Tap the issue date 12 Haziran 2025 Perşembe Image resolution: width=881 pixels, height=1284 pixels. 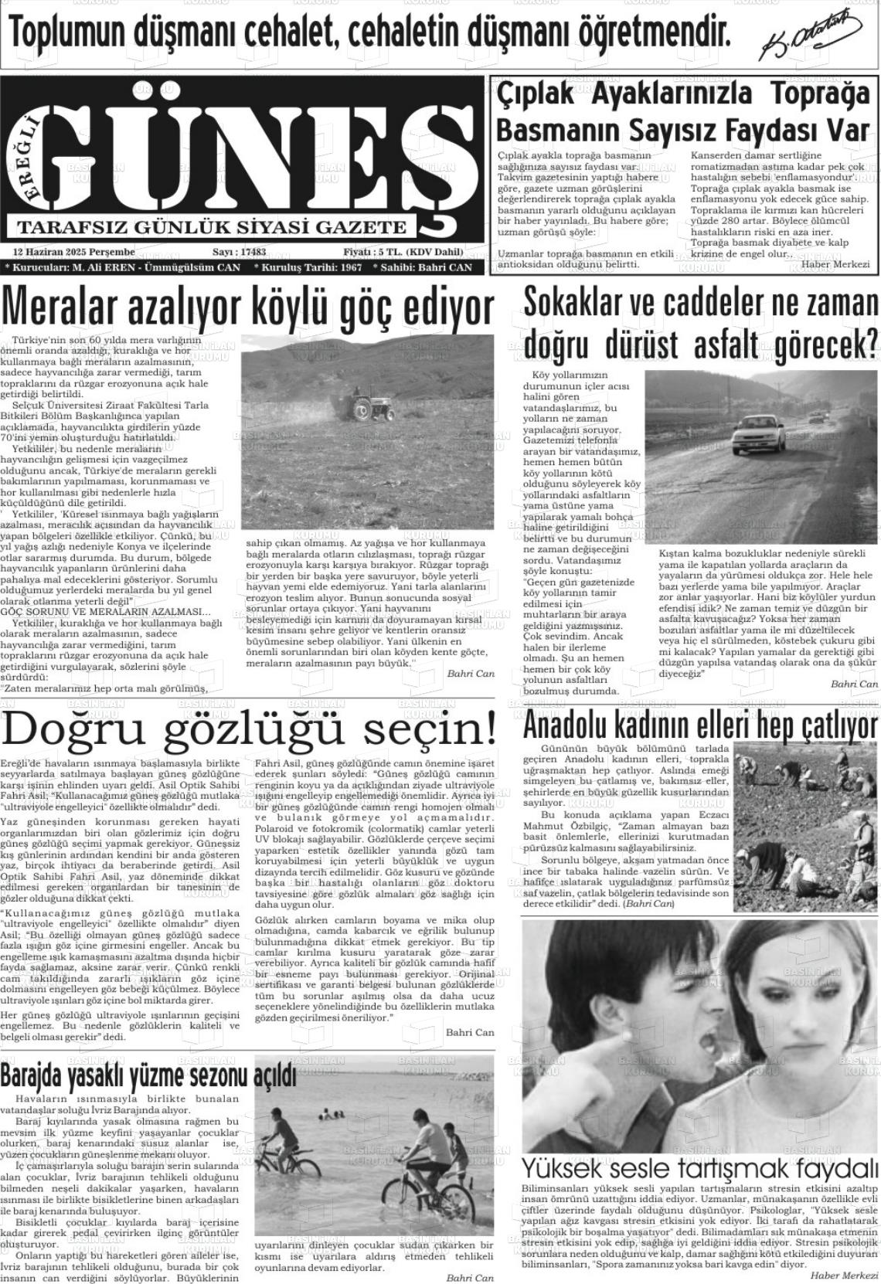tap(74, 252)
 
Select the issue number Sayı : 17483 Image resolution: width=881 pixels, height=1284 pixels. tap(239, 252)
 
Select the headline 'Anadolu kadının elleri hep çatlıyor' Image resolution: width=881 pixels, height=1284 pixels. tap(700, 727)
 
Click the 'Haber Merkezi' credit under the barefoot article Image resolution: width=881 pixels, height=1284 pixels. tap(835, 264)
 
